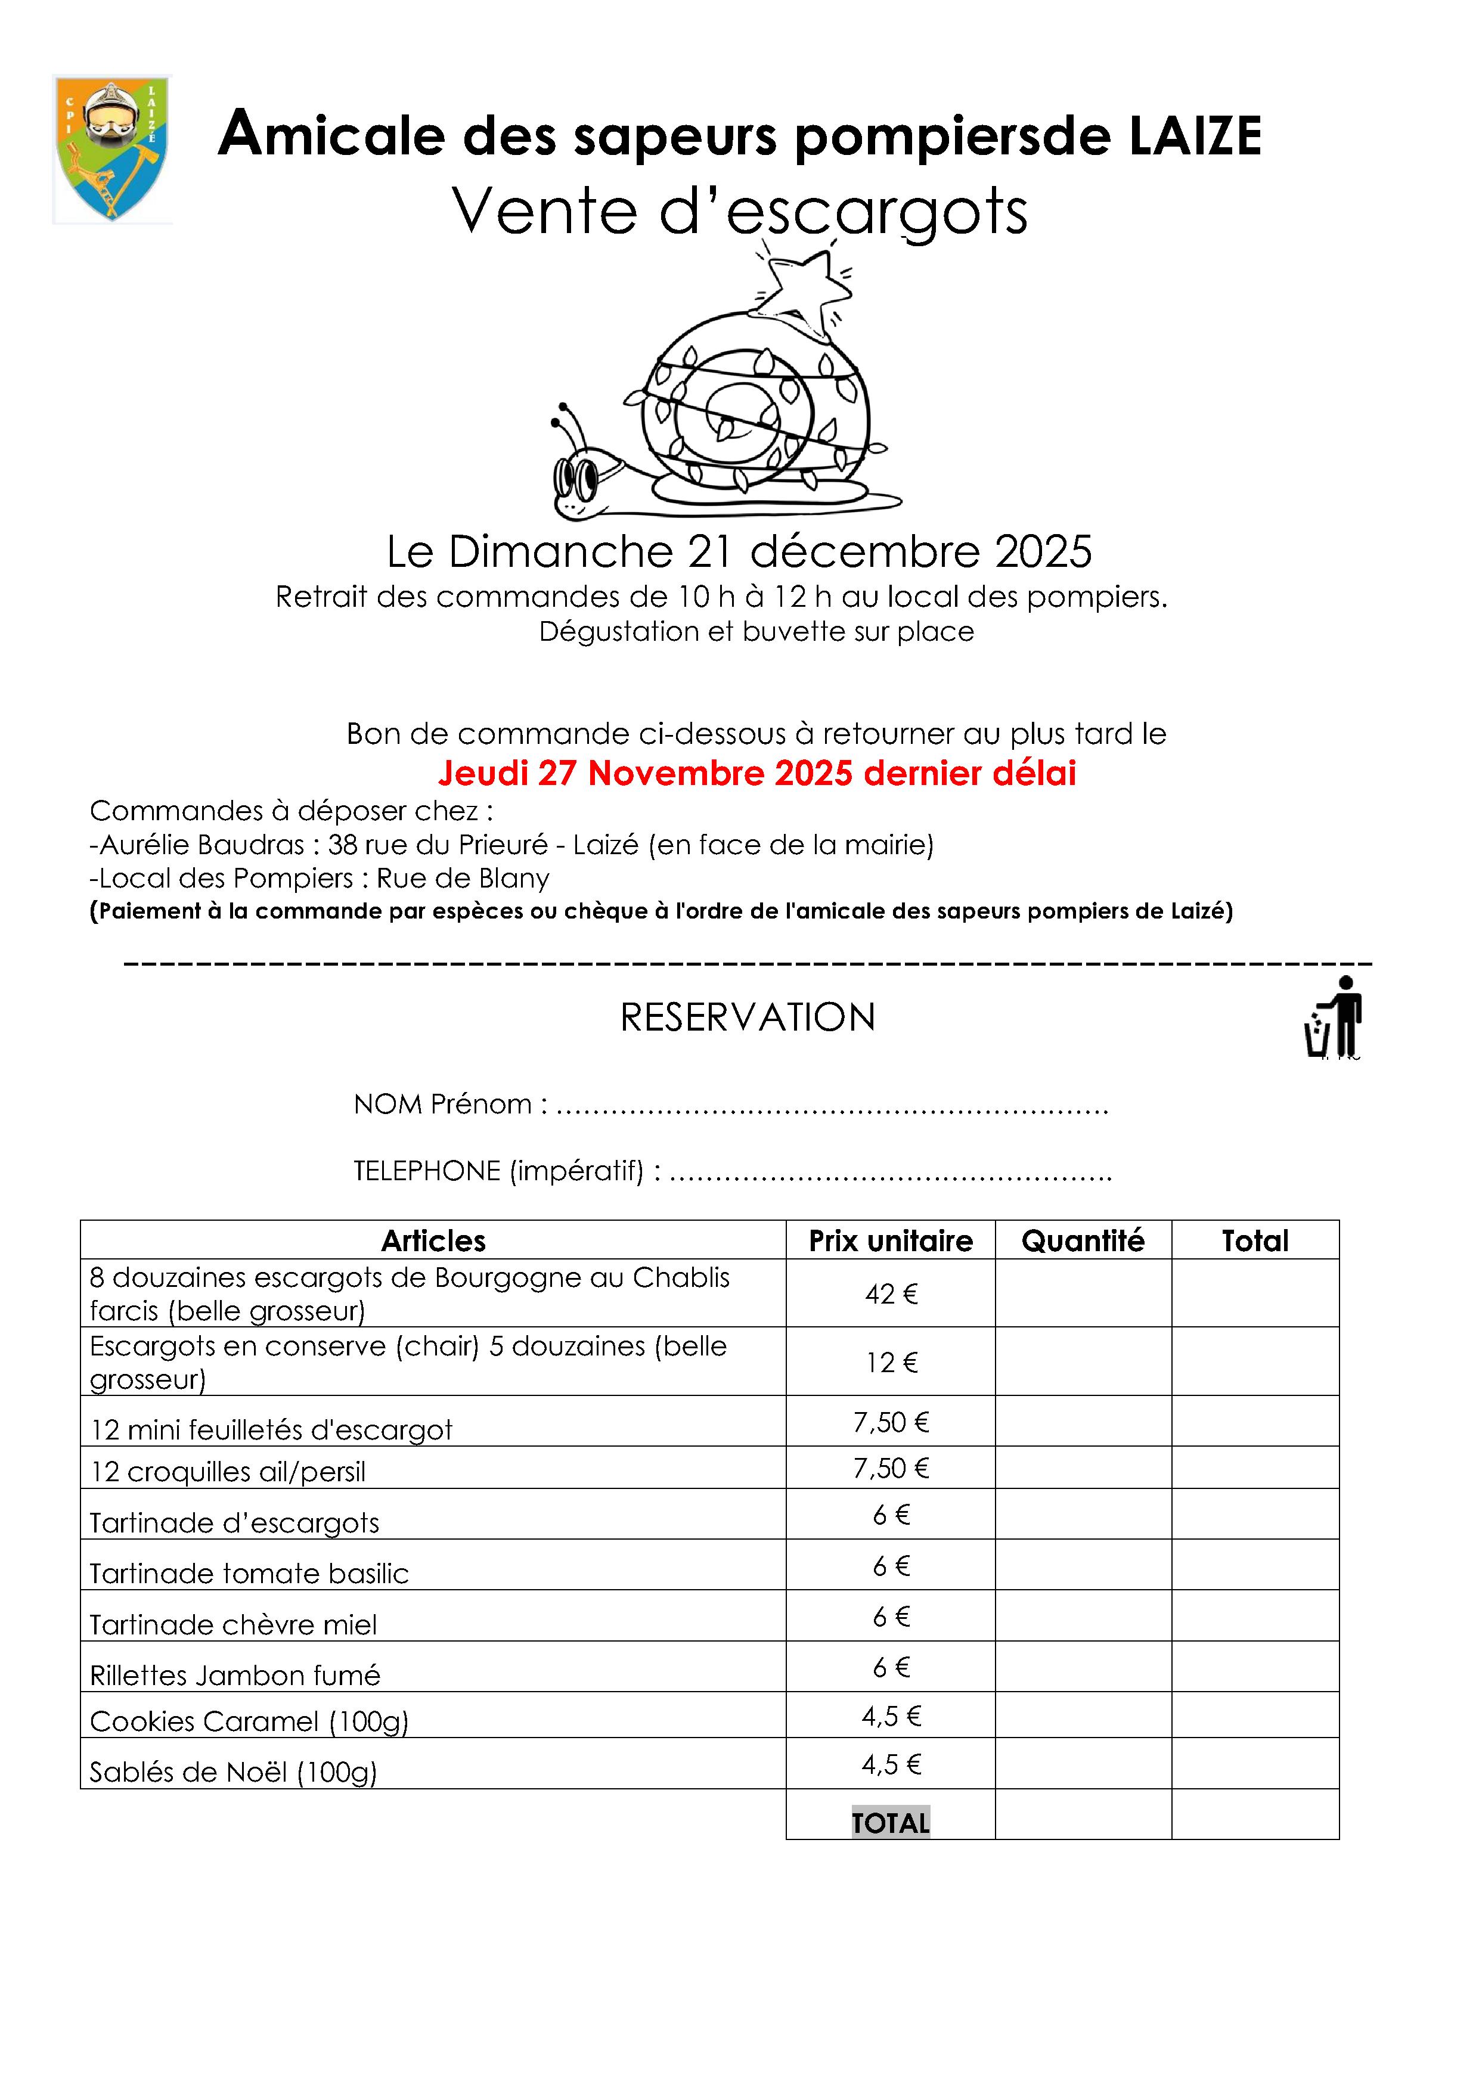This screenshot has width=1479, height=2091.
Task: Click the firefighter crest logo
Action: (x=112, y=148)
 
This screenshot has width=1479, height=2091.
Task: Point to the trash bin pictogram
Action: (x=1332, y=1018)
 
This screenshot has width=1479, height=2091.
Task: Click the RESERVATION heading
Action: (x=748, y=1017)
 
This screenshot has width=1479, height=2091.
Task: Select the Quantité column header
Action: (x=1082, y=1240)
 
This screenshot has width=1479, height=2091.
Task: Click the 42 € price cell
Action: (x=891, y=1293)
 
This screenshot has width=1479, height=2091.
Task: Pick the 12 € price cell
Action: (x=891, y=1363)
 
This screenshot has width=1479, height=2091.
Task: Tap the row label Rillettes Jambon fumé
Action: (x=235, y=1676)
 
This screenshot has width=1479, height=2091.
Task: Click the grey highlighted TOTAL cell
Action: (x=890, y=1822)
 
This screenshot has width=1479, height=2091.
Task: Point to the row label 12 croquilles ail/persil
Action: (x=228, y=1472)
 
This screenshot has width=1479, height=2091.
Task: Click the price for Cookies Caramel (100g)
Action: (x=891, y=1717)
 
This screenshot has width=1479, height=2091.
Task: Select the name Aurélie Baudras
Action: (x=201, y=845)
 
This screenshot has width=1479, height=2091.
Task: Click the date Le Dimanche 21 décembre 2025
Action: (x=739, y=551)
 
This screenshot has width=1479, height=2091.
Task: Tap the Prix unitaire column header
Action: (x=890, y=1240)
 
